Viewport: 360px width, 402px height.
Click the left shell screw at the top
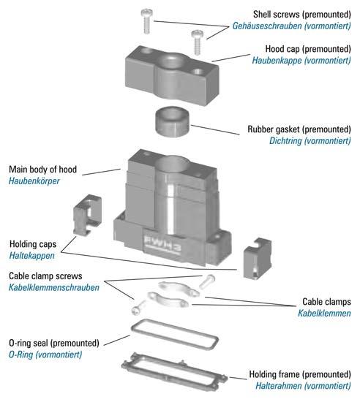147,21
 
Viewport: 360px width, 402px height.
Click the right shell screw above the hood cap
198,42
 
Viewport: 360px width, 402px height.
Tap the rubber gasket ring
172,121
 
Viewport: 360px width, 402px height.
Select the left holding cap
88,214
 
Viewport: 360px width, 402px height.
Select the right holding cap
258,258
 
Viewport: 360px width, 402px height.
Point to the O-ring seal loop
175,334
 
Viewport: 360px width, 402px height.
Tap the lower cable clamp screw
138,308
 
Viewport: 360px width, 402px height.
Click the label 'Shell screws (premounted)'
301,15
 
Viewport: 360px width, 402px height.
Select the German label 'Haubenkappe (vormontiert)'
301,61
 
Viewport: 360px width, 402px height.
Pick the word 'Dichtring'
285,141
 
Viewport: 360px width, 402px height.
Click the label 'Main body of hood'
43,170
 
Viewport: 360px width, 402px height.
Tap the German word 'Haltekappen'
31,256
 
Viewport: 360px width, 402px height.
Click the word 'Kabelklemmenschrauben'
54,288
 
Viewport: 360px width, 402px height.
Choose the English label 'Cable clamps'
326,302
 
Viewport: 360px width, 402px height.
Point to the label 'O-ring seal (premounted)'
54,343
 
